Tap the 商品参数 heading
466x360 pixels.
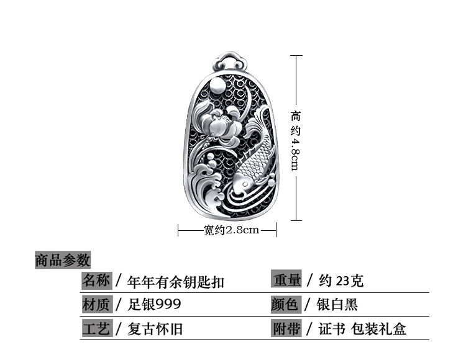tap(63, 259)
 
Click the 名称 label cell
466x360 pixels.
tap(96, 281)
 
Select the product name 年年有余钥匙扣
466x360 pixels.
tap(175, 282)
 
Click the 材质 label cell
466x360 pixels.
tap(96, 304)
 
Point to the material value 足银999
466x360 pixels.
tap(155, 304)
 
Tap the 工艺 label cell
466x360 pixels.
tap(96, 328)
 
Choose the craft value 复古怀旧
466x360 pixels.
tap(155, 328)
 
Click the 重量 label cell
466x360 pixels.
tap(286, 281)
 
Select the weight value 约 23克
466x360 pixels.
tap(342, 281)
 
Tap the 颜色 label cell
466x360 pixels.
tap(286, 304)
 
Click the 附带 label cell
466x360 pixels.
tap(286, 328)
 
